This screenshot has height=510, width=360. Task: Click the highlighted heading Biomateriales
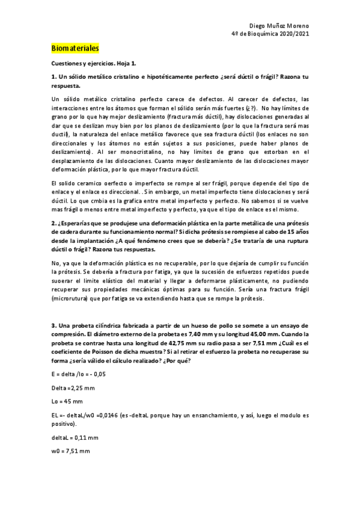(75, 48)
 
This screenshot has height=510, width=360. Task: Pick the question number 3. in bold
(54, 325)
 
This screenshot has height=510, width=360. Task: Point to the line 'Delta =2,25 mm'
(73, 388)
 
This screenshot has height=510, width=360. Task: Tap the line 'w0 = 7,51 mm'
(70, 450)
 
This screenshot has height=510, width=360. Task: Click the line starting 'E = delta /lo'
(79, 375)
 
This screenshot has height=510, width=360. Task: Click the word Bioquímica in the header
(267, 34)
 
